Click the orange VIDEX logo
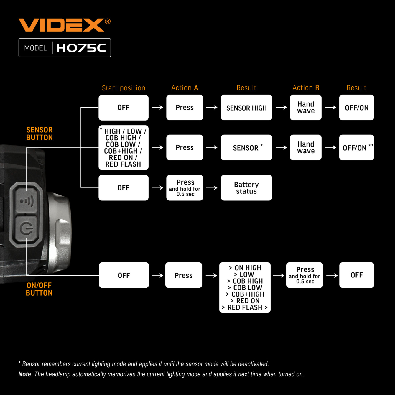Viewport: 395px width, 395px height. coord(62,25)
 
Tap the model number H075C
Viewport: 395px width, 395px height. coord(81,48)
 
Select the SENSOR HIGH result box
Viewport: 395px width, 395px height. coord(246,107)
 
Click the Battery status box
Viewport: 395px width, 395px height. coord(246,188)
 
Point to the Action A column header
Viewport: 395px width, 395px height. coord(185,88)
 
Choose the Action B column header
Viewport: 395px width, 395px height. coord(306,88)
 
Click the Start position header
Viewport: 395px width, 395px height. coord(124,88)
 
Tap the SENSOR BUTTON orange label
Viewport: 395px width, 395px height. coord(39,134)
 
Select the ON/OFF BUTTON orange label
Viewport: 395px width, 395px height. coord(39,289)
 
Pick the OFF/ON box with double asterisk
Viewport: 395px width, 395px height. coord(356,147)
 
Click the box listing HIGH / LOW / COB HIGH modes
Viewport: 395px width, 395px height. coord(124,148)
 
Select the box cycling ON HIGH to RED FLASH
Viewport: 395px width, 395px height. coord(245,287)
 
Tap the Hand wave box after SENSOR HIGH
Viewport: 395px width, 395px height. coord(306,107)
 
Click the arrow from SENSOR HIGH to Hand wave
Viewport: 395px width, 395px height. coord(281,107)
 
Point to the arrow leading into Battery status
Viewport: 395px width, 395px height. coord(212,187)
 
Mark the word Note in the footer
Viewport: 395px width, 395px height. coord(24,374)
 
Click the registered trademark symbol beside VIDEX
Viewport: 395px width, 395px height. coord(108,21)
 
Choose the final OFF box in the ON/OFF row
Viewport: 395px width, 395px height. coord(357,275)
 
